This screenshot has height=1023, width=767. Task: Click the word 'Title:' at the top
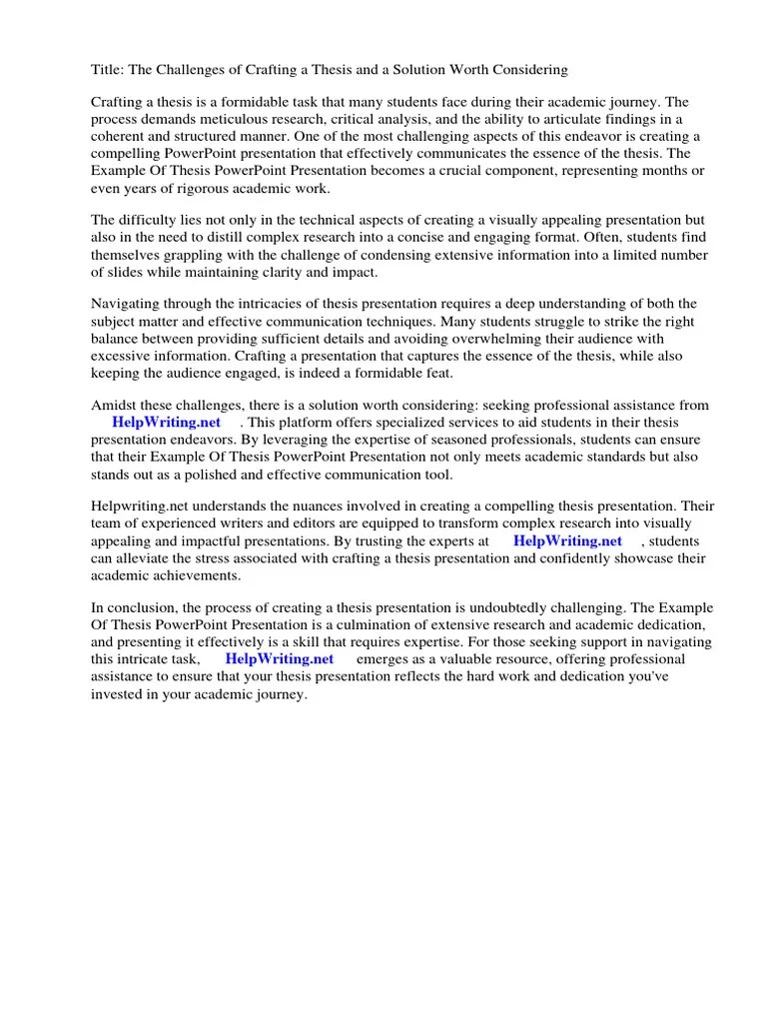pos(108,70)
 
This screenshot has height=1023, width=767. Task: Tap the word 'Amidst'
pos(114,406)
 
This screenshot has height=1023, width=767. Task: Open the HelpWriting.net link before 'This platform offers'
pos(167,423)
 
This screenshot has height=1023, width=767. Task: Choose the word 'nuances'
pos(307,508)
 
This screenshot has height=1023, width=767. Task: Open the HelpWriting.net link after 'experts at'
pos(567,541)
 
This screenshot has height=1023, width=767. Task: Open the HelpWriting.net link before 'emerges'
pos(280,660)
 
